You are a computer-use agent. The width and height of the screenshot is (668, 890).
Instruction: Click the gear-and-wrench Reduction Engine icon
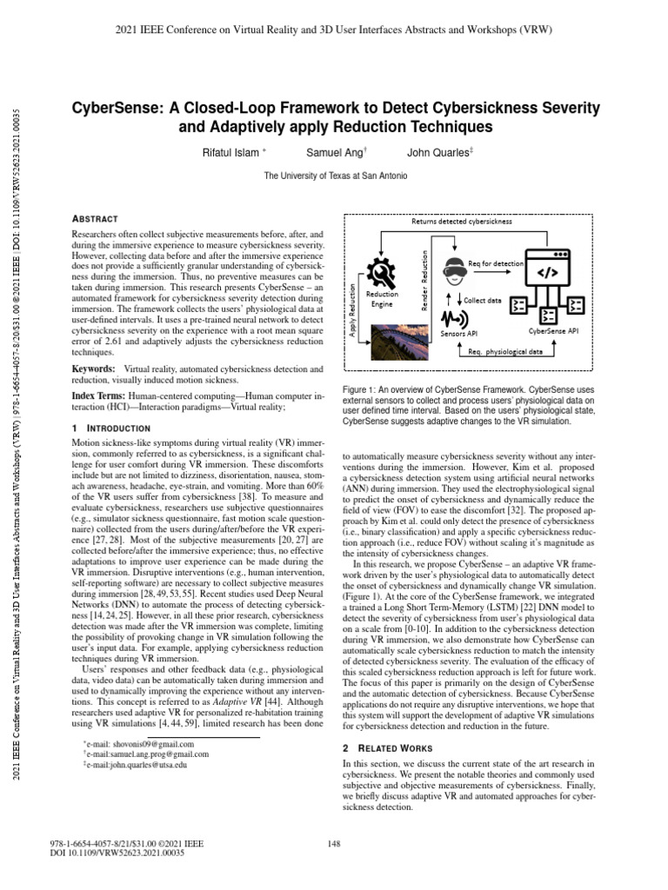coord(383,276)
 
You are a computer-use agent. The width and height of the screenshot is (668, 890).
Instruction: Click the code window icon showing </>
coord(550,271)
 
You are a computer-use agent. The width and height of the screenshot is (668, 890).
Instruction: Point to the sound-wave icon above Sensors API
coord(451,321)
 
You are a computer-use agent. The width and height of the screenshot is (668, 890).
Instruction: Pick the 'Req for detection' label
coord(496,262)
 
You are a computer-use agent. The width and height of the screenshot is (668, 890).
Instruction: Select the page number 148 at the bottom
coord(334,842)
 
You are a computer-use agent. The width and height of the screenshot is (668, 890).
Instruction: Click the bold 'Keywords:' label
coord(93,369)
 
